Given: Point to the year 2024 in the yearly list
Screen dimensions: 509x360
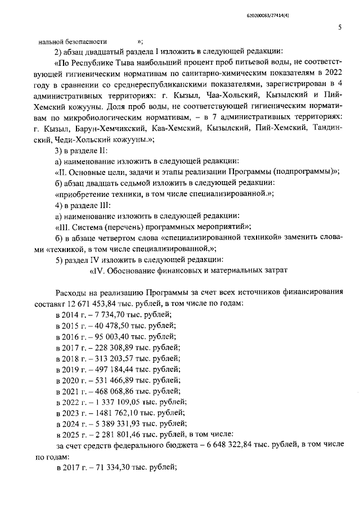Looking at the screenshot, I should [x=72, y=423].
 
